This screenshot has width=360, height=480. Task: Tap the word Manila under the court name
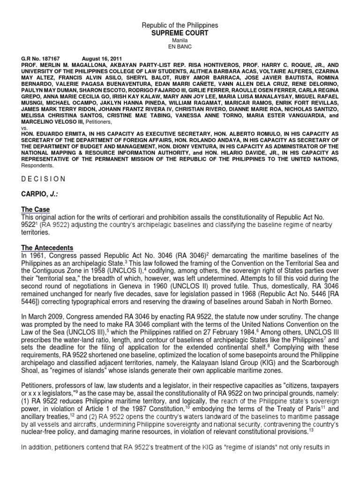pos(180,41)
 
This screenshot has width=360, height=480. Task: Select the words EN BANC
pos(180,47)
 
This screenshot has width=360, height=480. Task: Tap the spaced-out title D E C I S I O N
pos(43,179)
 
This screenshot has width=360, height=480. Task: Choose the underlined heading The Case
pos(35,210)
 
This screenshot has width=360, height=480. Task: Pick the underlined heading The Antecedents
pos(46,247)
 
